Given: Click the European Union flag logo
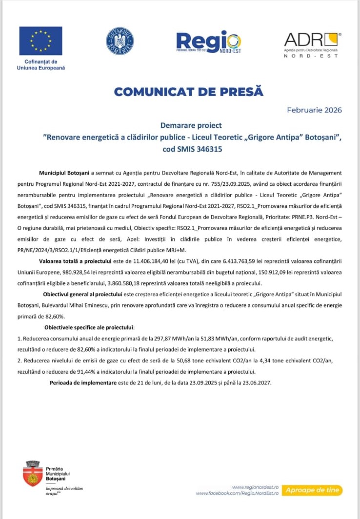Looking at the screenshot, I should click(x=40, y=41).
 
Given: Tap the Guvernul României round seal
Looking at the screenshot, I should click(x=120, y=41).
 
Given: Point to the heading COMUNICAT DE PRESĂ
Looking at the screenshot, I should click(x=188, y=91).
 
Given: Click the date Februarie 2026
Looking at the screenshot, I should click(x=314, y=110).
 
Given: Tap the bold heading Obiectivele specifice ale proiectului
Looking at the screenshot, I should click(x=89, y=326).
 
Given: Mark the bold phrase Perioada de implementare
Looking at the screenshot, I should click(x=83, y=383).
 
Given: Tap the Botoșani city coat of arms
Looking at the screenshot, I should click(x=33, y=473).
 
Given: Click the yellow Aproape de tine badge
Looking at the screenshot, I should click(x=313, y=490).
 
